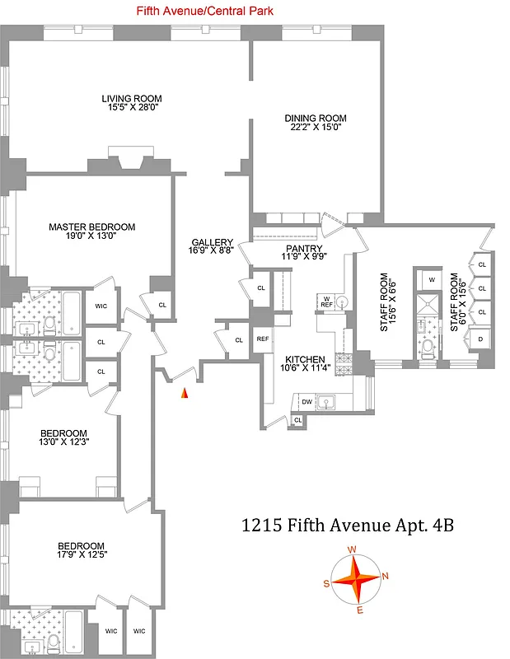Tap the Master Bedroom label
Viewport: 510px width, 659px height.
click(91, 227)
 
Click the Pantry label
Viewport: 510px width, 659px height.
click(302, 248)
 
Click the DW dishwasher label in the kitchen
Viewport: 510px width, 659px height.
click(306, 403)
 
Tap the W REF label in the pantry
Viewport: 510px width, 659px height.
click(325, 301)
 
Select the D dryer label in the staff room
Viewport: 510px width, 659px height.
click(481, 339)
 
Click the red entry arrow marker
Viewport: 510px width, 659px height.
click(185, 394)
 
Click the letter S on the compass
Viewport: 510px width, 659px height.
click(326, 583)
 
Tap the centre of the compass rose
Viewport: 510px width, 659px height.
click(356, 580)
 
